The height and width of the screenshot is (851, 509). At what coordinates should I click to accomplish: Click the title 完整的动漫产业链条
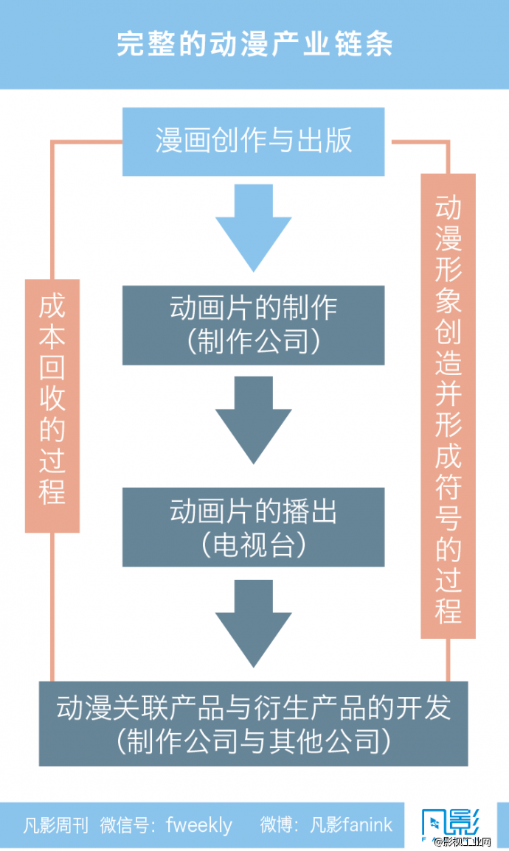(254, 43)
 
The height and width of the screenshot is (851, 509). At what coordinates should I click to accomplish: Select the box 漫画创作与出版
(253, 141)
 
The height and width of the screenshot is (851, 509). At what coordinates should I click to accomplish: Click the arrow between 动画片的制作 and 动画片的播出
(253, 420)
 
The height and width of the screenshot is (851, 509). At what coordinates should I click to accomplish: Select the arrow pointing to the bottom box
(253, 623)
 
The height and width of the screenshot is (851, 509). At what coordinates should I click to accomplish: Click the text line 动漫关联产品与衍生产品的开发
(253, 708)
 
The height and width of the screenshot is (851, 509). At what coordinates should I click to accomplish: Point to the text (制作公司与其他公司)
(253, 741)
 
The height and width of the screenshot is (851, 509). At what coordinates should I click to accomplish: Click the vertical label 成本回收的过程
(52, 405)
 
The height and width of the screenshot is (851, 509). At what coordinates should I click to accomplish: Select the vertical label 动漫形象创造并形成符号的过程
(448, 406)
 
